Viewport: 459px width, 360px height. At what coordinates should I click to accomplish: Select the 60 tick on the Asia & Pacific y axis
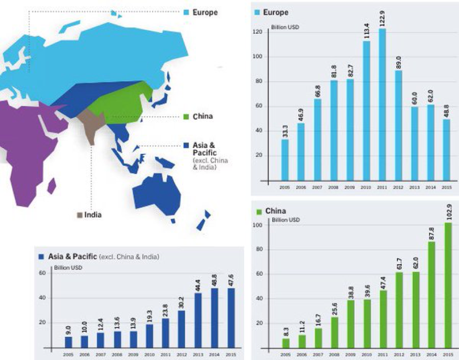[x=43, y=273]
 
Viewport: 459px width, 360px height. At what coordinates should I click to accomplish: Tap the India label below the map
[x=92, y=215]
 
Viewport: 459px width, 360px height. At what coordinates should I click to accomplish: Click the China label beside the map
[x=203, y=117]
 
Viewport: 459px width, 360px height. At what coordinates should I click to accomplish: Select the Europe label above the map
[x=205, y=12]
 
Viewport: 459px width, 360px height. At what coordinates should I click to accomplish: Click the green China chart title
[x=275, y=211]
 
